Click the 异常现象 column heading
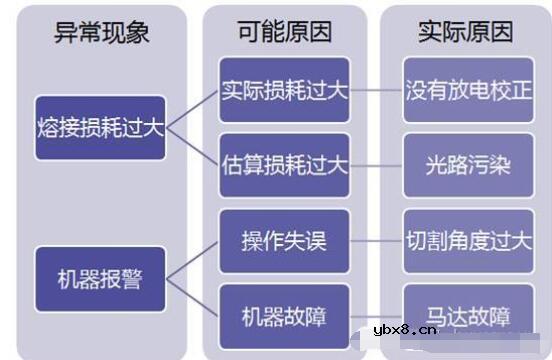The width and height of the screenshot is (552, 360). (101, 33)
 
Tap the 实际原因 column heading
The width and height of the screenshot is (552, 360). (465, 33)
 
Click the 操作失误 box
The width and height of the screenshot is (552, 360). (284, 241)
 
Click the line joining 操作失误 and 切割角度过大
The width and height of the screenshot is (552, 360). (377, 241)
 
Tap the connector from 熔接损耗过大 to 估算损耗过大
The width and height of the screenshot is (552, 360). (192, 146)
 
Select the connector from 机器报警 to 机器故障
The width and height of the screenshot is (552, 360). (192, 297)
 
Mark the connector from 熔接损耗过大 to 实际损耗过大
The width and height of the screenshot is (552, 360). (192, 109)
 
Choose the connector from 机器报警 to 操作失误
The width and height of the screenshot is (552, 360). (192, 260)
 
